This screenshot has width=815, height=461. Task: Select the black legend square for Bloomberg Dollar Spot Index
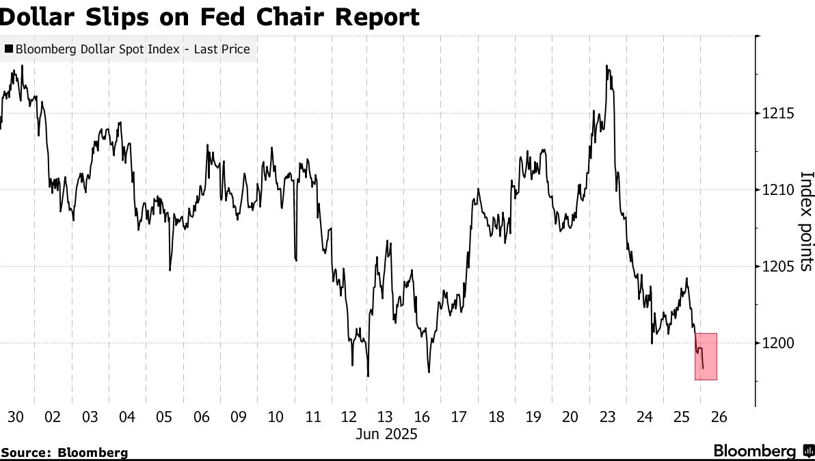(8, 49)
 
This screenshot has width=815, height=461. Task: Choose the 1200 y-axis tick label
(777, 343)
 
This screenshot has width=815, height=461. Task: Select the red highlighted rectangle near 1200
(706, 356)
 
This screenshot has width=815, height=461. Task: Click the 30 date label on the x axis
(15, 417)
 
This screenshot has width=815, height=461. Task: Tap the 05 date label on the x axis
(164, 417)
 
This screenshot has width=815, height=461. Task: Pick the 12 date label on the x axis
(350, 417)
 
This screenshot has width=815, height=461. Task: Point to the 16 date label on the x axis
(421, 417)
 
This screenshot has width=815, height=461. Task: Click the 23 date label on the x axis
(607, 417)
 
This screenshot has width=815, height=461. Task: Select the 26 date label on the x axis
(719, 417)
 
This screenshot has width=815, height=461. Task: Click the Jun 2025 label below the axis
(387, 434)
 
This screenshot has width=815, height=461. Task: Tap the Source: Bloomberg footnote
(64, 452)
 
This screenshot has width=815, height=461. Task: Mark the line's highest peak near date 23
(607, 66)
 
